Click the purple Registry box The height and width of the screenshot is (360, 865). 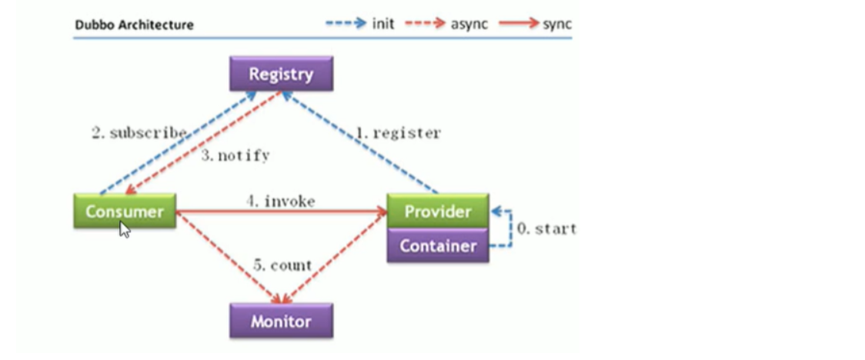(x=281, y=75)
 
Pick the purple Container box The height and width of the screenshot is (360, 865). (x=437, y=245)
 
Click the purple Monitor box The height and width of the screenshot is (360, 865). (x=281, y=321)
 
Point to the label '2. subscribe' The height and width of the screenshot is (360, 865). (x=139, y=133)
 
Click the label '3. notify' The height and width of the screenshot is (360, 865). (x=235, y=156)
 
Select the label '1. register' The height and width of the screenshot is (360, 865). (x=398, y=133)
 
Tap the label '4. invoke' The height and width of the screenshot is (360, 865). (x=281, y=202)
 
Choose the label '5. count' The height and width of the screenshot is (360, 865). (x=282, y=266)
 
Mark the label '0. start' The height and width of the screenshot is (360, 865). (x=546, y=228)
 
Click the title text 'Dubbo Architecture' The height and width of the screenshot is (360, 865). (x=134, y=25)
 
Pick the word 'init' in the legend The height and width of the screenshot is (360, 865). (x=383, y=24)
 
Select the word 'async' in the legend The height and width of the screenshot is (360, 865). (x=469, y=24)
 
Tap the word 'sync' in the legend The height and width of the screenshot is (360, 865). (x=557, y=24)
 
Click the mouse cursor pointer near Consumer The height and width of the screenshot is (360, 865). (x=124, y=229)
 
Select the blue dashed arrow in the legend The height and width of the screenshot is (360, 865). (x=346, y=24)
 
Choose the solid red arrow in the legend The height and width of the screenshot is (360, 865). (x=519, y=24)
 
